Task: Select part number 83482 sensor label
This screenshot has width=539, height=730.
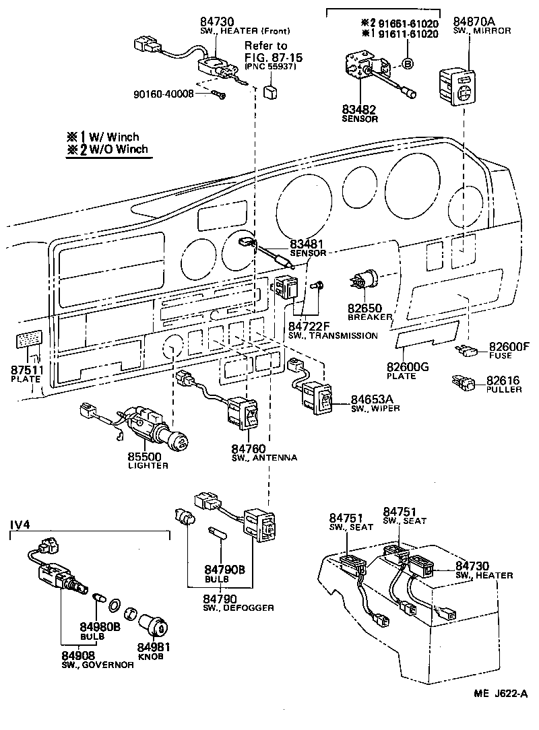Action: point(358,110)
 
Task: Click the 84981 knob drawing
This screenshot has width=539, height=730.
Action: point(156,625)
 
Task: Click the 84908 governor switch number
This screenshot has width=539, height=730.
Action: point(78,655)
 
